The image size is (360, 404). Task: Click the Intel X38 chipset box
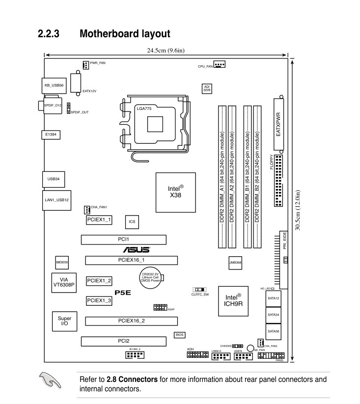tap(175, 192)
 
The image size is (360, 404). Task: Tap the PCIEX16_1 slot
tap(131, 260)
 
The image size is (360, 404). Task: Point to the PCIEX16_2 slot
tap(131, 322)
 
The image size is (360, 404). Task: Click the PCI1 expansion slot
tap(124, 240)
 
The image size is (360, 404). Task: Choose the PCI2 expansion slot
tap(124, 341)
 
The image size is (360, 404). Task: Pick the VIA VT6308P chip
tap(63, 283)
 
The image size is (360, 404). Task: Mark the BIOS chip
tap(180, 335)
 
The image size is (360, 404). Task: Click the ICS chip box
tap(132, 222)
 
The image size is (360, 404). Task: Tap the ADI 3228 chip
tap(207, 88)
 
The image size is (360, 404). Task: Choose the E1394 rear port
tap(50, 134)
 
